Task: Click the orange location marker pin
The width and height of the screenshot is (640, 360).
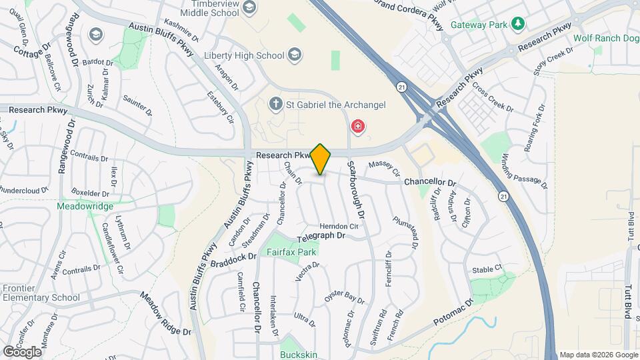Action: click(321, 159)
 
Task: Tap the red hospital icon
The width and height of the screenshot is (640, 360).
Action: click(358, 127)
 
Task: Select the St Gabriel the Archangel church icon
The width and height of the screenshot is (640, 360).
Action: click(275, 104)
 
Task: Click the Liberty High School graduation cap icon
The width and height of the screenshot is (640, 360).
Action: click(293, 55)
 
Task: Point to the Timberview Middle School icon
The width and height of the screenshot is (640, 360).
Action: click(249, 8)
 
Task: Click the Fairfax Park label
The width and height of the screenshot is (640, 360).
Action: click(291, 253)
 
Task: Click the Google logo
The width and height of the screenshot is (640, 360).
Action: click(22, 351)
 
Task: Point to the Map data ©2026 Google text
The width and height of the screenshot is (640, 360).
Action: click(598, 354)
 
